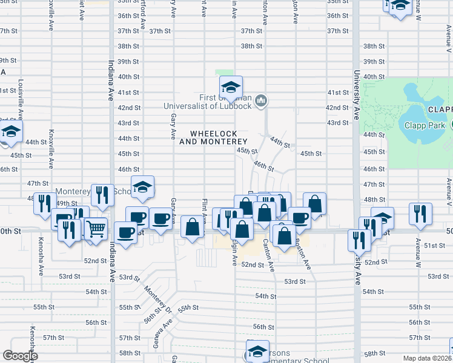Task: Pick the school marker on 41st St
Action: (231, 88)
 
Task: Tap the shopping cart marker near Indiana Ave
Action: (96, 229)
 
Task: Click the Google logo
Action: (20, 356)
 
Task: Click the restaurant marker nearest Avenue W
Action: (420, 214)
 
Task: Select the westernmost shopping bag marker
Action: (193, 227)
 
